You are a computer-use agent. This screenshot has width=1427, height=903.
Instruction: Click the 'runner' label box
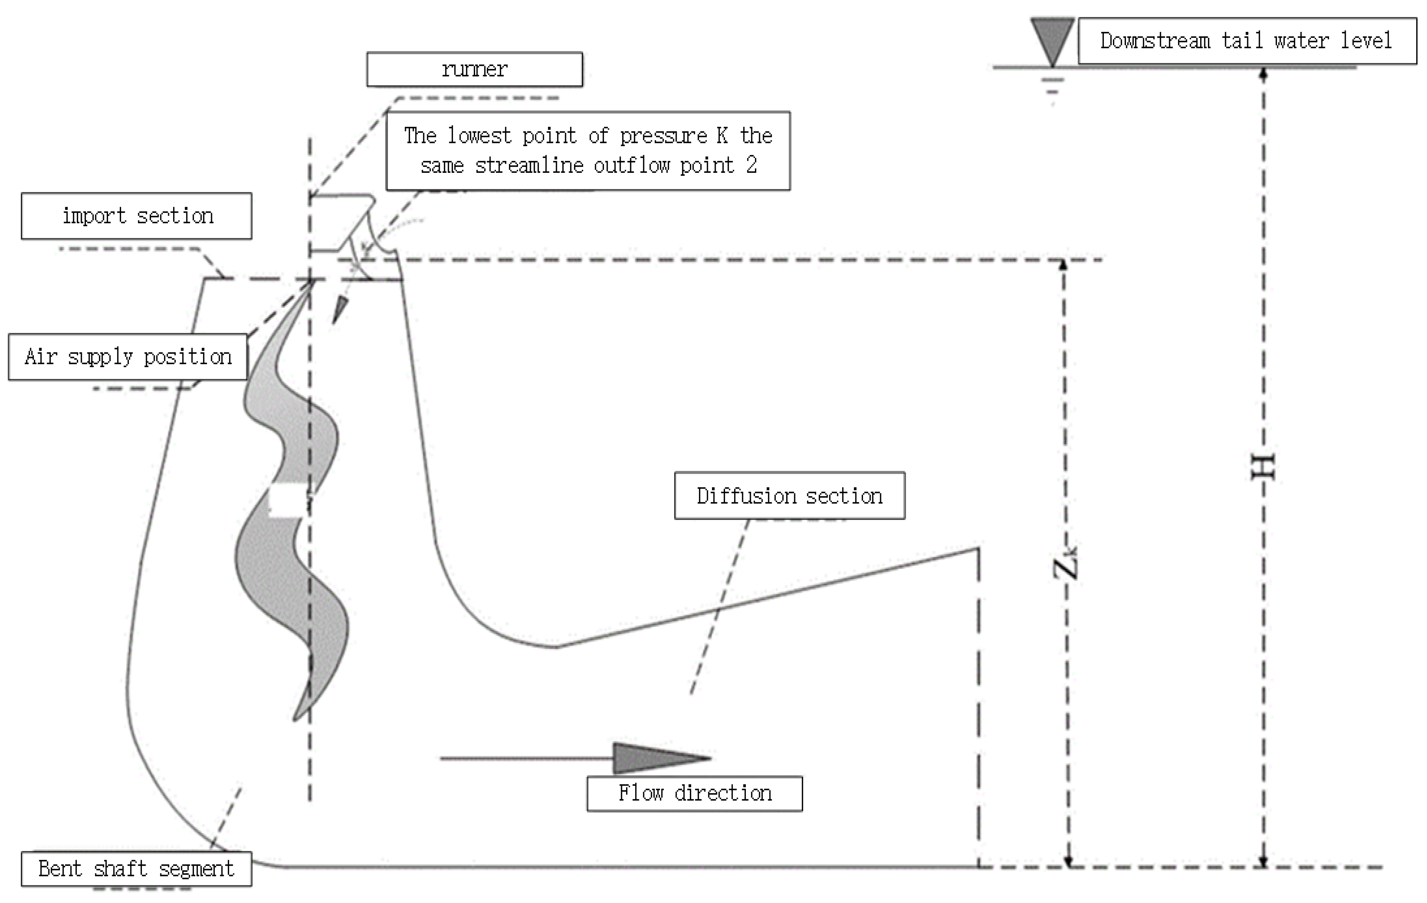(x=474, y=69)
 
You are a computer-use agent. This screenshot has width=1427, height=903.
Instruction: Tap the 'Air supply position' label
(x=128, y=357)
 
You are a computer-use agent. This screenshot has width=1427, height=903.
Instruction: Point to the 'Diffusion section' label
(x=789, y=495)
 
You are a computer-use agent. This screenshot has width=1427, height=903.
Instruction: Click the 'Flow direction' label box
(x=695, y=793)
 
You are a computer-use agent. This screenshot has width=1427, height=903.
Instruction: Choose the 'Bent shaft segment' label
(x=136, y=869)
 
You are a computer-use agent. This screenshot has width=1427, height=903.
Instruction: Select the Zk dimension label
(x=1065, y=563)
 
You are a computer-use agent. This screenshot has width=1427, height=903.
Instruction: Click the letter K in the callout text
(x=722, y=136)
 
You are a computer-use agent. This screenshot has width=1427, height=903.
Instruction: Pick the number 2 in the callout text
(x=752, y=165)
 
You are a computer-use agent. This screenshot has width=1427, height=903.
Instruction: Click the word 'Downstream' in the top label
(x=1155, y=41)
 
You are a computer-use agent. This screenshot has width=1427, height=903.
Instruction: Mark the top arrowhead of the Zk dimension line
(x=1063, y=265)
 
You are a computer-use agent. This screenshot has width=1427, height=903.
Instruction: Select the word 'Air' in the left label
(x=40, y=357)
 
